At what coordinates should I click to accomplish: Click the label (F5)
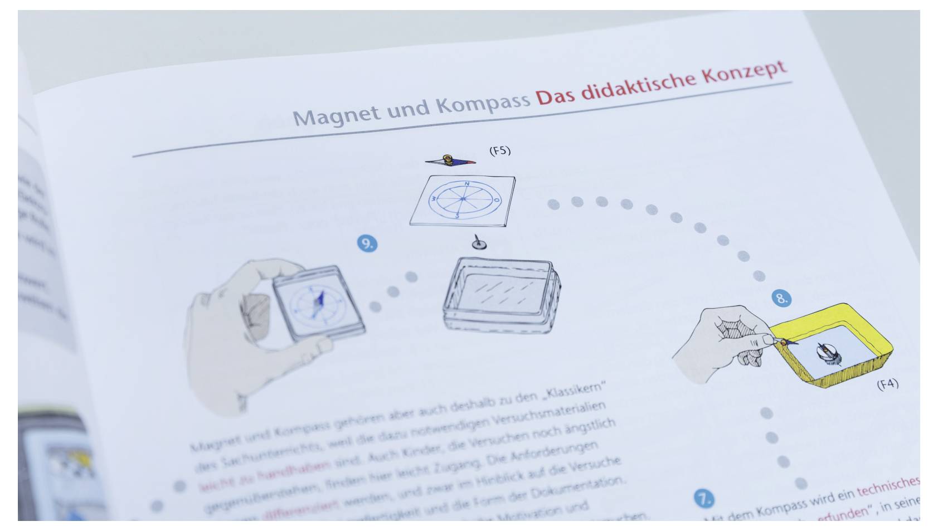[499, 150]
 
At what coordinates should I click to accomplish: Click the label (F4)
[887, 384]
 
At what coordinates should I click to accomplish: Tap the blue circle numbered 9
[367, 243]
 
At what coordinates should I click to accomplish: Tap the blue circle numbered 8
[781, 298]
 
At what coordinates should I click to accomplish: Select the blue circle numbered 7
[704, 498]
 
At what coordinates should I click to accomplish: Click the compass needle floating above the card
[450, 161]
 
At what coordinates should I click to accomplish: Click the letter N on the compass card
[466, 183]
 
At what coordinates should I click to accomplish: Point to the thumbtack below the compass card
[478, 243]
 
